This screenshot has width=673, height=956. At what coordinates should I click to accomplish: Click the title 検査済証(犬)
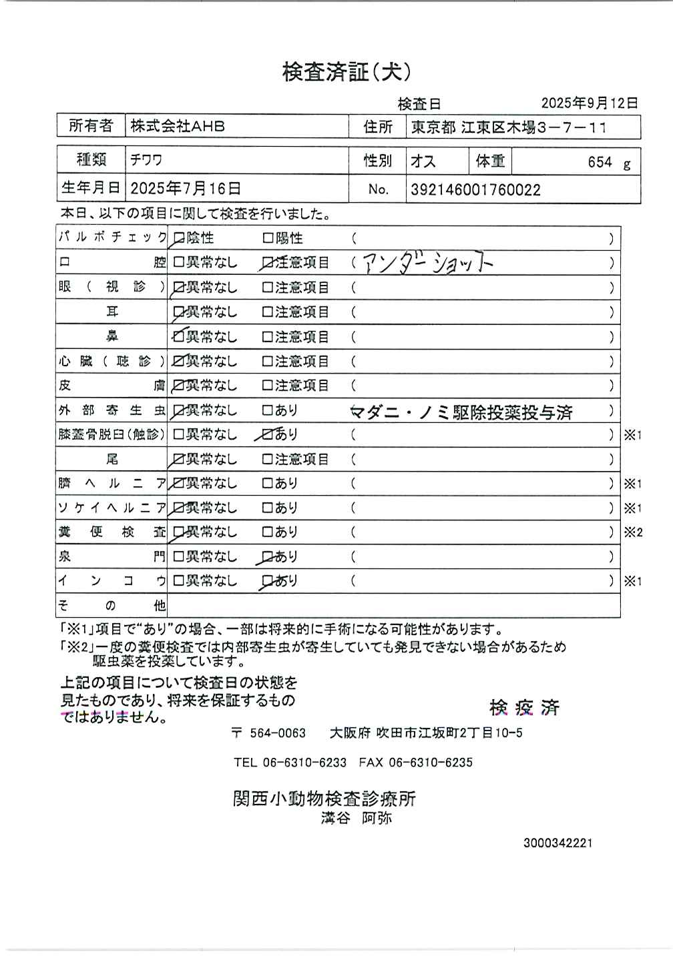pyautogui.click(x=346, y=72)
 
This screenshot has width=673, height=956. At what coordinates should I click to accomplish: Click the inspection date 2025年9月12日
pyautogui.click(x=589, y=103)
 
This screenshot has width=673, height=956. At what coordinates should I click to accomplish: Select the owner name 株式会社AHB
pyautogui.click(x=178, y=126)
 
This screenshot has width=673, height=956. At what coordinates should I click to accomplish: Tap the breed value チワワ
pyautogui.click(x=146, y=161)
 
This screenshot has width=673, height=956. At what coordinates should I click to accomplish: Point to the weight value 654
pyautogui.click(x=600, y=162)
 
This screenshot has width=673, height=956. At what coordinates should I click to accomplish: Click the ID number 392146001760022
pyautogui.click(x=475, y=189)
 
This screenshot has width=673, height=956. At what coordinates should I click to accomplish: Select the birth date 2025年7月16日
pyautogui.click(x=186, y=189)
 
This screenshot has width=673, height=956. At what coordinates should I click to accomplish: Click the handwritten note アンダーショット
pyautogui.click(x=427, y=264)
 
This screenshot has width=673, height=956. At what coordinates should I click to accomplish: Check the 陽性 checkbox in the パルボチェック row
pyautogui.click(x=268, y=237)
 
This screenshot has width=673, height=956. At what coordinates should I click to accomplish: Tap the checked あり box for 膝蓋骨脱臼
pyautogui.click(x=268, y=434)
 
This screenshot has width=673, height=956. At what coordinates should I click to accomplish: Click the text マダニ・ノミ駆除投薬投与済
pyautogui.click(x=461, y=412)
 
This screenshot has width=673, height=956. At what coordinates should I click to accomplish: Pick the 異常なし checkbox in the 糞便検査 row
pyautogui.click(x=178, y=532)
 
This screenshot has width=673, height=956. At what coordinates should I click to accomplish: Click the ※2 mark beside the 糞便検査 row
pyautogui.click(x=633, y=532)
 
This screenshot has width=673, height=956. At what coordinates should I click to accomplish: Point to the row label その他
pyautogui.click(x=111, y=606)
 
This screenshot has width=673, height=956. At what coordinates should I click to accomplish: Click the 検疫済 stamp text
pyautogui.click(x=524, y=707)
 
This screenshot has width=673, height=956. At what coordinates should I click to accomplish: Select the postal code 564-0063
pyautogui.click(x=277, y=733)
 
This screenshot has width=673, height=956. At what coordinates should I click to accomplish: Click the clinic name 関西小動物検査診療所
pyautogui.click(x=324, y=798)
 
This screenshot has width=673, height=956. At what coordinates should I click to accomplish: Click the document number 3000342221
pyautogui.click(x=557, y=843)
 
